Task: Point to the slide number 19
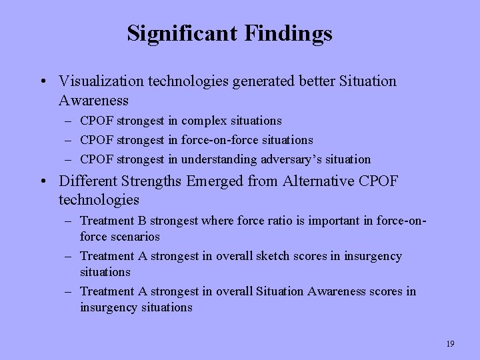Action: pyautogui.click(x=450, y=344)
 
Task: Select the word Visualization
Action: pyautogui.click(x=101, y=81)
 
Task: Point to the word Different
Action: pyautogui.click(x=86, y=181)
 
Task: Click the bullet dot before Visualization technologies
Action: pyautogui.click(x=42, y=82)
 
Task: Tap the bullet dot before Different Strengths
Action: pyautogui.click(x=42, y=181)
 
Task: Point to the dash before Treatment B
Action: pyautogui.click(x=69, y=221)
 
